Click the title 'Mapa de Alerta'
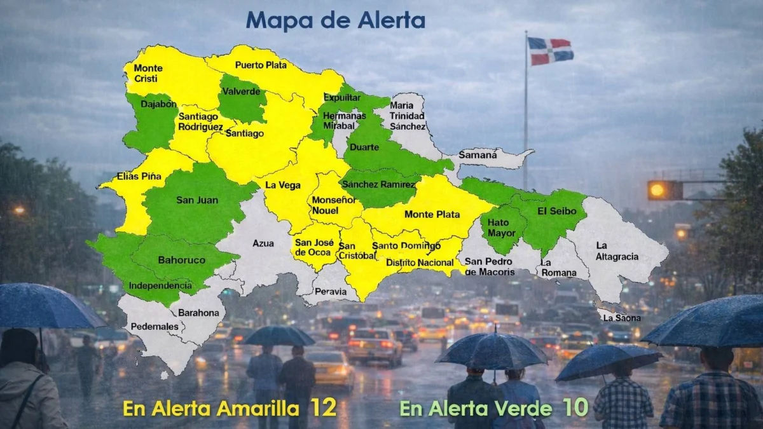click(x=335, y=20)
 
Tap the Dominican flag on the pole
click(x=550, y=51)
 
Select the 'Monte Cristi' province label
click(x=148, y=73)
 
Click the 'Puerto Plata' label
click(x=261, y=65)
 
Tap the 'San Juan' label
click(x=197, y=200)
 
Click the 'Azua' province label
click(x=263, y=243)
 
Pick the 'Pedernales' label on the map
click(x=155, y=327)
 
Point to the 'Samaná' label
click(x=478, y=154)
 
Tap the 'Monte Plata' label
click(x=432, y=214)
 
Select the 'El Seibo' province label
click(x=557, y=210)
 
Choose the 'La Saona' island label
click(x=622, y=317)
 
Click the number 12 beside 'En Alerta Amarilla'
click(x=323, y=407)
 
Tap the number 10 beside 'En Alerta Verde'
click(x=575, y=407)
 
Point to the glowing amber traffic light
click(x=657, y=189)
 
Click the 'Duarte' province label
click(x=364, y=147)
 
